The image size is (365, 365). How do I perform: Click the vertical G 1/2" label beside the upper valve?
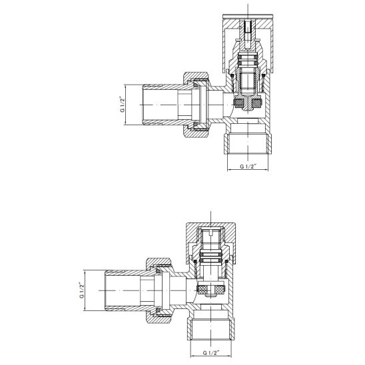click(x=123, y=105)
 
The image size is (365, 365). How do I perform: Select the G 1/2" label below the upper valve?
click(x=248, y=167)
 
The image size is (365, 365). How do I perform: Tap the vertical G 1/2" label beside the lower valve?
click(x=81, y=290)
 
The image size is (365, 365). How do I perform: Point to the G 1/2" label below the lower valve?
click(x=211, y=352)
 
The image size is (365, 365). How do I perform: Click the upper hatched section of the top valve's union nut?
click(x=197, y=76)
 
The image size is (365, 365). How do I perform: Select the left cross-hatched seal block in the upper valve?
click(x=238, y=103)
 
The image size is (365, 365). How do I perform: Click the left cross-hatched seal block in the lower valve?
click(x=202, y=289)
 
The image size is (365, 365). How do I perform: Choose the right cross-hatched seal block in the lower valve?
click(x=220, y=289)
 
